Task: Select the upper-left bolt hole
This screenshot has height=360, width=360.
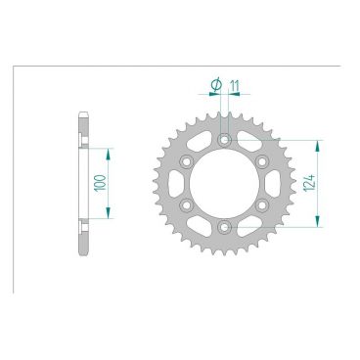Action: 187,162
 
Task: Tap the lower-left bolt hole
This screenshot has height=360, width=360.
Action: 187,206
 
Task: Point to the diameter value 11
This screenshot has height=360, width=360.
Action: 236,85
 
